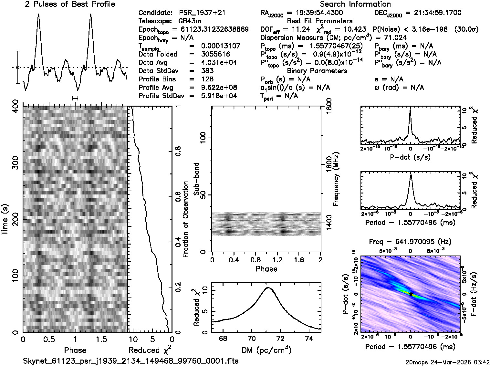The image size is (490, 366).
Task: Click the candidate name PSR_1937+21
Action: (202, 13)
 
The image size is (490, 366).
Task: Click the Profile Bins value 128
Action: (207, 79)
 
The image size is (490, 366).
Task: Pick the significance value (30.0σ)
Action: (466, 29)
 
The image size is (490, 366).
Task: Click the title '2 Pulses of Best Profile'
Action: (70, 4)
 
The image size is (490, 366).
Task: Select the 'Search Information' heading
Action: (355, 4)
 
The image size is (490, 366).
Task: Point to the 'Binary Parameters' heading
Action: (317, 71)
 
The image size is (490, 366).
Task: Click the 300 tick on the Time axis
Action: (14, 163)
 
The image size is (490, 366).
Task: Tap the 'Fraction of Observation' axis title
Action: (185, 219)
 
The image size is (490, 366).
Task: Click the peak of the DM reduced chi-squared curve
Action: (268, 287)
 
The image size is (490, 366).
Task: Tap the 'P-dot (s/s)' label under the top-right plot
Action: (410, 157)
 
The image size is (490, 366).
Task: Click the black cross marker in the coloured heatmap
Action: (411, 294)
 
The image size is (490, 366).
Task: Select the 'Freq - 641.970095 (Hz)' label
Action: (410, 242)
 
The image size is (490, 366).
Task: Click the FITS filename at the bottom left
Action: (131, 361)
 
